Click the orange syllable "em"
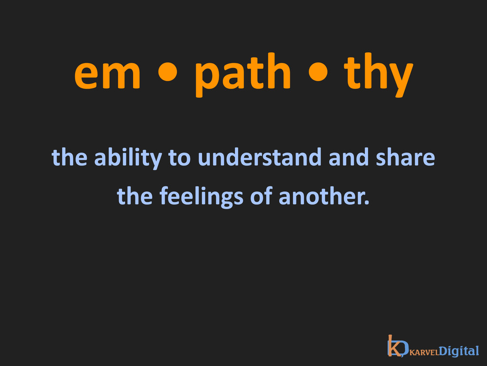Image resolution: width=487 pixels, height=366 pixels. (x=107, y=75)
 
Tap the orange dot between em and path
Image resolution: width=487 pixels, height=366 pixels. (x=168, y=71)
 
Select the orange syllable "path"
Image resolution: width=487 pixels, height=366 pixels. (x=243, y=75)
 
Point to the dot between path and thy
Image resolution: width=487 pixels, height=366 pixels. (x=318, y=71)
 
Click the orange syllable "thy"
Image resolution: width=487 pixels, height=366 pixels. (x=378, y=75)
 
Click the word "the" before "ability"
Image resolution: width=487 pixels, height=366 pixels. (x=69, y=157)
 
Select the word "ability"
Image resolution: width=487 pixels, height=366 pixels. (x=128, y=159)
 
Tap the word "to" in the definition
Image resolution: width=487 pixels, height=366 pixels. (x=179, y=158)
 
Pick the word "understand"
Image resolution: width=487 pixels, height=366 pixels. (x=260, y=157)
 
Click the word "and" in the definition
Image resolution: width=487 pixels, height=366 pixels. (x=349, y=157)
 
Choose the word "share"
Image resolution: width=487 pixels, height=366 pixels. (x=405, y=157)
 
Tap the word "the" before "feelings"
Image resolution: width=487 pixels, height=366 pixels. (x=135, y=196)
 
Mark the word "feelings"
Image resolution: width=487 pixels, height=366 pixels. (x=201, y=198)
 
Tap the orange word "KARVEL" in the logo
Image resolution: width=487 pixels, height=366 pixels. (x=424, y=352)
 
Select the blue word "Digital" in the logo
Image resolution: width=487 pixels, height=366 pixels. (x=459, y=351)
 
